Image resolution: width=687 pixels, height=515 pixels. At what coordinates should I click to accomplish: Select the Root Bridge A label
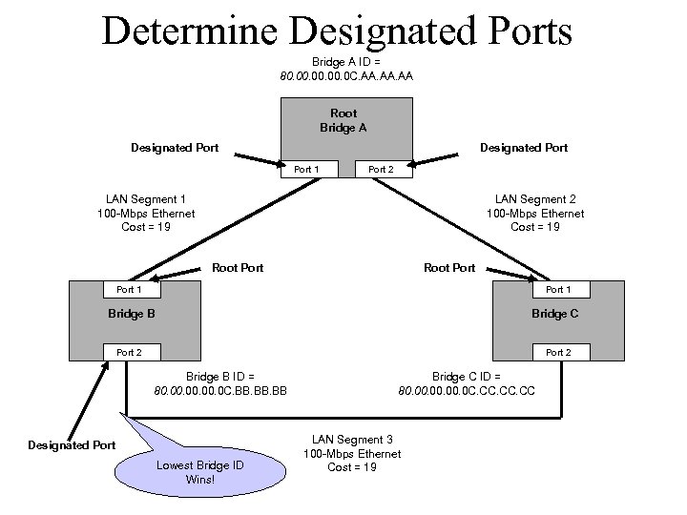pyautogui.click(x=343, y=120)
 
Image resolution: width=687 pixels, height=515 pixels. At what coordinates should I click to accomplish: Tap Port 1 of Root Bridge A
pyautogui.click(x=306, y=169)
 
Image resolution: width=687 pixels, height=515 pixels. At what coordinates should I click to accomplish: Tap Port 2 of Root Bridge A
pyautogui.click(x=381, y=169)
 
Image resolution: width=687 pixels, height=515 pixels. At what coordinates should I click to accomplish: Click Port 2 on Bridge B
pyautogui.click(x=129, y=352)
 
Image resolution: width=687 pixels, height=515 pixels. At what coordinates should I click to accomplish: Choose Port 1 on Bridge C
pyautogui.click(x=558, y=289)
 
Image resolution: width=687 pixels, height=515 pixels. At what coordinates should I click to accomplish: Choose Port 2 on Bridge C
pyautogui.click(x=558, y=352)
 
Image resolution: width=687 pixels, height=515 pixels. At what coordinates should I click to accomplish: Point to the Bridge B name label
pyautogui.click(x=132, y=314)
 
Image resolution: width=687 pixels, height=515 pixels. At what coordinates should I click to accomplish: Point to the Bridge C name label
pyautogui.click(x=554, y=314)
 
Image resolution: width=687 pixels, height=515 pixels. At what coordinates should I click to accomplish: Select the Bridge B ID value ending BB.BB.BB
pyautogui.click(x=220, y=390)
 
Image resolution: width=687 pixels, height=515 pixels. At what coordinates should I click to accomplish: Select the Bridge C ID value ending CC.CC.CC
pyautogui.click(x=466, y=390)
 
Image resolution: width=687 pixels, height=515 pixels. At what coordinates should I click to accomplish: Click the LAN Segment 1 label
pyautogui.click(x=146, y=213)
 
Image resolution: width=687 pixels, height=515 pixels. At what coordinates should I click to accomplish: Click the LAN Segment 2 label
pyautogui.click(x=535, y=213)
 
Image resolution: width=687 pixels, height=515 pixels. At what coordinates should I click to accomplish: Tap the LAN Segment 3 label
pyautogui.click(x=352, y=453)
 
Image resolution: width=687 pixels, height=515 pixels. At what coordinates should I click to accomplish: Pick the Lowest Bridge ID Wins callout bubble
pyautogui.click(x=199, y=472)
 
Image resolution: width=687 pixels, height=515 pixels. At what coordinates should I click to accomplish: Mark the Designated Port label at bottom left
pyautogui.click(x=72, y=445)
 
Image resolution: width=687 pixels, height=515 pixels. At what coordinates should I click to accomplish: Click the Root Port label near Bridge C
pyautogui.click(x=449, y=268)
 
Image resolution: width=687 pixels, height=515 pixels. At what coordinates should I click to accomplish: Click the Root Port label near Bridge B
pyautogui.click(x=238, y=268)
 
